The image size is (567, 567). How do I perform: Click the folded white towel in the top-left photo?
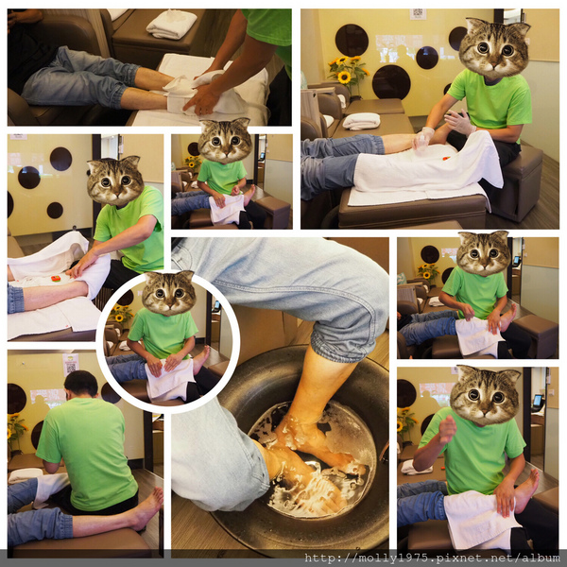tap(171, 24)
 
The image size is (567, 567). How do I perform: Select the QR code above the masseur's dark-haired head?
tap(71, 365)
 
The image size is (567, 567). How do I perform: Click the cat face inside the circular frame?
tap(169, 293)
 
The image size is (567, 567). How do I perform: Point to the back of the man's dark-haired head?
tap(80, 384)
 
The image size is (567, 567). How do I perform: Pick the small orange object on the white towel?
tap(56, 279)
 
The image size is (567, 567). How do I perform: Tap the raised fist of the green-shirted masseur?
tap(447, 429)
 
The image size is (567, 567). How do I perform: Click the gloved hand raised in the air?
tap(458, 123)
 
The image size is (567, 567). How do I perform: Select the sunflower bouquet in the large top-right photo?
tap(348, 73)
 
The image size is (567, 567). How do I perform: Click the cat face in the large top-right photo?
tap(493, 47)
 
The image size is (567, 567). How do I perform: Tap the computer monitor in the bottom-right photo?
tap(538, 401)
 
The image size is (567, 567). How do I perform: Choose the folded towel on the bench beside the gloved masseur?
tap(361, 121)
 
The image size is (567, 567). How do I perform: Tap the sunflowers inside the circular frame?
tap(121, 314)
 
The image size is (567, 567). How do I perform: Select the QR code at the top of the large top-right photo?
tap(418, 14)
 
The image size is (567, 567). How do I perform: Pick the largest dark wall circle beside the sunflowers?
tap(391, 82)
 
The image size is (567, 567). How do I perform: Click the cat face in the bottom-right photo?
tap(485, 395)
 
